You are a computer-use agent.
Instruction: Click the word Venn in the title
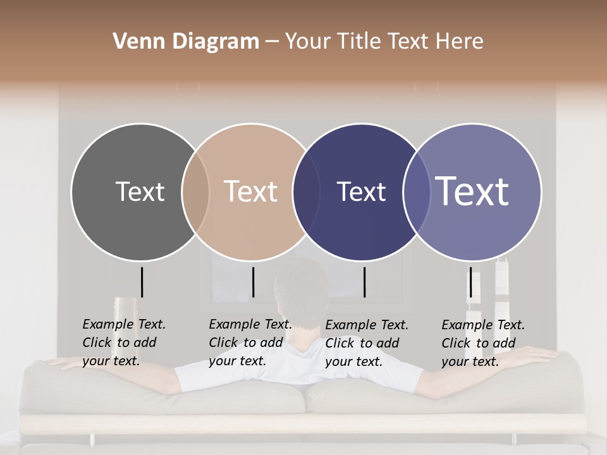(134, 42)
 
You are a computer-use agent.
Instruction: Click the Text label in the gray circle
(140, 191)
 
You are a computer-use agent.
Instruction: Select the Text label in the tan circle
(250, 191)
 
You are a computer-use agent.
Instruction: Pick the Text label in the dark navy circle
(361, 191)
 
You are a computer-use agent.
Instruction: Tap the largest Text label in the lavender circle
(472, 191)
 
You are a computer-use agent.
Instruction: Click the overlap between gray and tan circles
(195, 191)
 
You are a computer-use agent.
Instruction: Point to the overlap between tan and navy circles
(307, 191)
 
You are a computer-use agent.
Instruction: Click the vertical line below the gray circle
(142, 282)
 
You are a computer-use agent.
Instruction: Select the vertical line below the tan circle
(253, 282)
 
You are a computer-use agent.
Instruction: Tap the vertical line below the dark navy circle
(364, 282)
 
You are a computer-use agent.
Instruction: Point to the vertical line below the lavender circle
(470, 282)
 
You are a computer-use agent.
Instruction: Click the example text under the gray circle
(124, 343)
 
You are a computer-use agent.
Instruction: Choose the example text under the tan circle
(250, 343)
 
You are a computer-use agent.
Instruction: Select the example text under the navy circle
(367, 343)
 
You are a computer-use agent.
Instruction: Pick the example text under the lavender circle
(483, 343)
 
